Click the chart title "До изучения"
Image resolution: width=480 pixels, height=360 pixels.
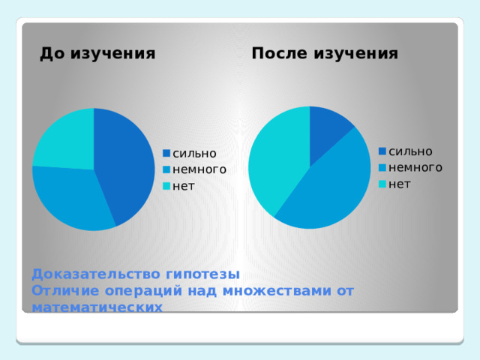pos(97,54)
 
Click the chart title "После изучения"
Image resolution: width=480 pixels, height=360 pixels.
pos(325,54)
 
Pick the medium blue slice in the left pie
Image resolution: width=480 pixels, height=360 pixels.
pos(71,199)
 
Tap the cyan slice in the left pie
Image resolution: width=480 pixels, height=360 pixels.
pos(64,139)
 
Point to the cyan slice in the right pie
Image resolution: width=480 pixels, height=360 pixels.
pos(277,161)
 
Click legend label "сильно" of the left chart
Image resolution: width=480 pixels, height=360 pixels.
pos(194,154)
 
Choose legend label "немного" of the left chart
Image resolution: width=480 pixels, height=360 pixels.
pos(199,169)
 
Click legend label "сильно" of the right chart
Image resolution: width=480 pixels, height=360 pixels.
pos(410,151)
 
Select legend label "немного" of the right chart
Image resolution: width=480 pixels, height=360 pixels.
pos(415,167)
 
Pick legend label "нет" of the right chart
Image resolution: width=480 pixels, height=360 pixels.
pos(400,183)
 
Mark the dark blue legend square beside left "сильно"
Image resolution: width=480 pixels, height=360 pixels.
pos(167,154)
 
